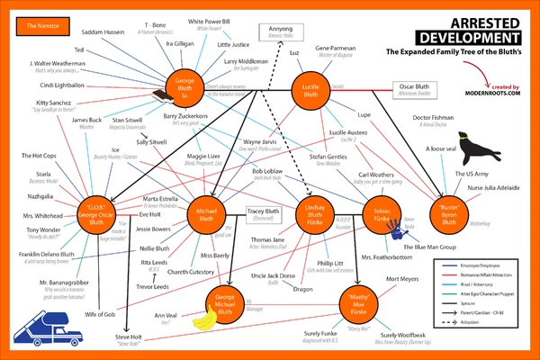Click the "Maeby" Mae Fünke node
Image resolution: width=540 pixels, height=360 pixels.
(x=358, y=298)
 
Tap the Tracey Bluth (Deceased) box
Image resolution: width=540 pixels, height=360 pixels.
(x=265, y=214)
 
